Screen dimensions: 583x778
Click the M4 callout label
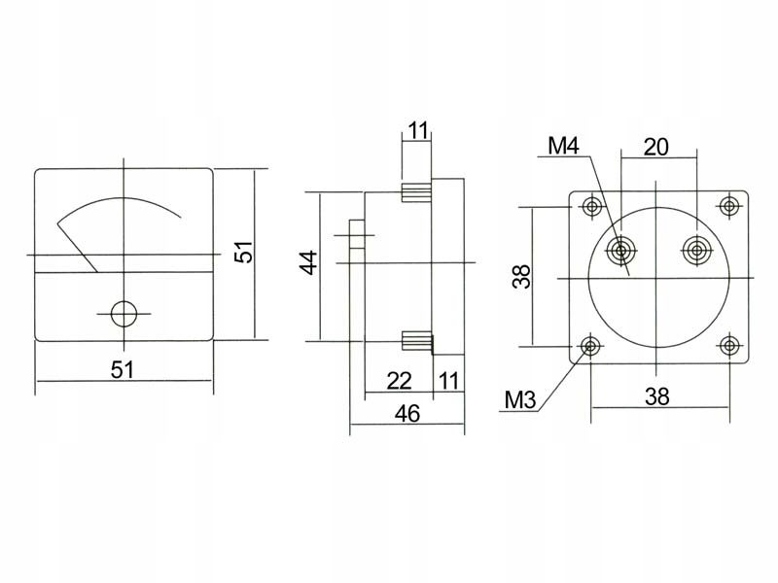tap(563, 147)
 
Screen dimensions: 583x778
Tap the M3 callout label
tap(522, 399)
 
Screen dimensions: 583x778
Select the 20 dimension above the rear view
tap(656, 147)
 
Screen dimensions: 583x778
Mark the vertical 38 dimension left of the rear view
tap(522, 277)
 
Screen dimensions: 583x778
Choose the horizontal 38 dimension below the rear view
tap(658, 395)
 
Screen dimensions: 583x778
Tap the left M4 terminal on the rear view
tap(620, 252)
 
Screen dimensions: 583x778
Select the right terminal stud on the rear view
tap(695, 251)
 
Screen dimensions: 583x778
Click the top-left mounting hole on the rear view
tap(590, 206)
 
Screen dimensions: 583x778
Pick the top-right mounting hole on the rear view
tap(727, 206)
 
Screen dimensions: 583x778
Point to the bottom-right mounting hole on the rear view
tap(727, 346)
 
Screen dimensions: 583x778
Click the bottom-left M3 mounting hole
tap(589, 346)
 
